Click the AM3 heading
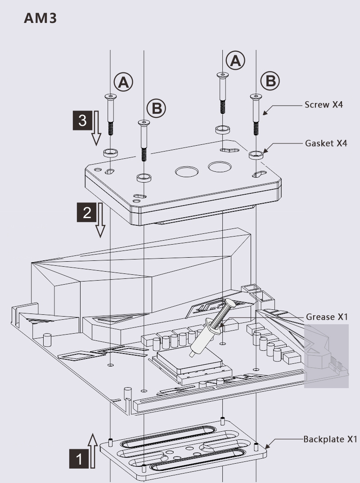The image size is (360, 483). pyautogui.click(x=40, y=18)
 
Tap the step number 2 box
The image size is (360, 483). pyautogui.click(x=86, y=212)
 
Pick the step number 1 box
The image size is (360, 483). pyautogui.click(x=80, y=459)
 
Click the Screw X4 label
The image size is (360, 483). pyautogui.click(x=324, y=105)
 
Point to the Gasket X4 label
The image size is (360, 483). pyautogui.click(x=326, y=143)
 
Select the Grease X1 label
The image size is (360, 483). pyautogui.click(x=327, y=317)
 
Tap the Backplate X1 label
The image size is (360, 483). pyautogui.click(x=329, y=439)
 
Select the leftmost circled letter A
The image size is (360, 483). pyautogui.click(x=123, y=81)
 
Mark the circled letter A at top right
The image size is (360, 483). pyautogui.click(x=235, y=60)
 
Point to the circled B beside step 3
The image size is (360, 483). pyautogui.click(x=156, y=108)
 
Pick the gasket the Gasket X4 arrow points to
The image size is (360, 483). pyautogui.click(x=256, y=155)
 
